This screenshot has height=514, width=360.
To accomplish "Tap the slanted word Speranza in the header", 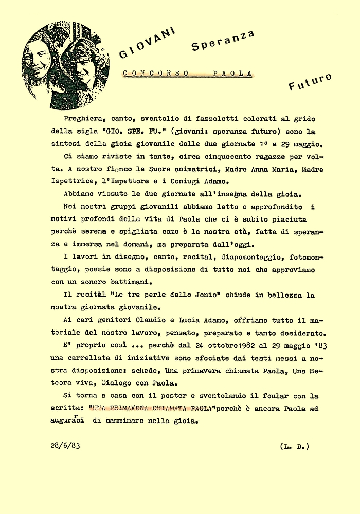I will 223,40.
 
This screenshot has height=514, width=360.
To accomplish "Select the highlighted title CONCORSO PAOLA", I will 188,74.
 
